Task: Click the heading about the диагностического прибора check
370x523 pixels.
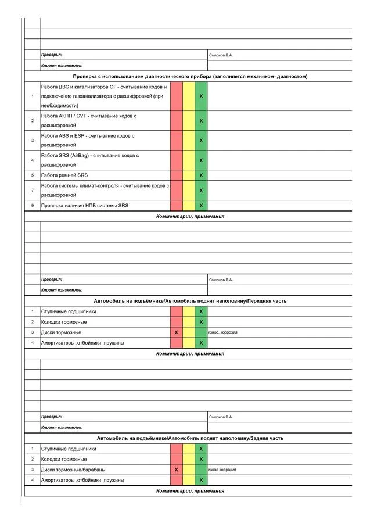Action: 190,77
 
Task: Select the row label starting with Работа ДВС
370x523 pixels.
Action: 104,96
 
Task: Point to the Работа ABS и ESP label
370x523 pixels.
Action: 88,140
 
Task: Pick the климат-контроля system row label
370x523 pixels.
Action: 105,190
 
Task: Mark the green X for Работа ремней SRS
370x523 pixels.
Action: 201,175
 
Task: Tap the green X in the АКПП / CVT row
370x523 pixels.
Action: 201,121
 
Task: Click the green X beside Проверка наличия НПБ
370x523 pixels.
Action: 201,205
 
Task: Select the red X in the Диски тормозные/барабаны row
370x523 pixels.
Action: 176,470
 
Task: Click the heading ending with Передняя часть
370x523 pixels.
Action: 190,301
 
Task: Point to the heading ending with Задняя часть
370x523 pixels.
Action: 190,438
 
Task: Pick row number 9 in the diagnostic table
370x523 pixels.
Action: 33,205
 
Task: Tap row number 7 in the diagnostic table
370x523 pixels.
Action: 33,191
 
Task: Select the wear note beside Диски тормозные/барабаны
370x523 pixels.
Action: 222,470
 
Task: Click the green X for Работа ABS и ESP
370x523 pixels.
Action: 201,141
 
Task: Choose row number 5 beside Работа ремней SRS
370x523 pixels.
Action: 33,175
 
